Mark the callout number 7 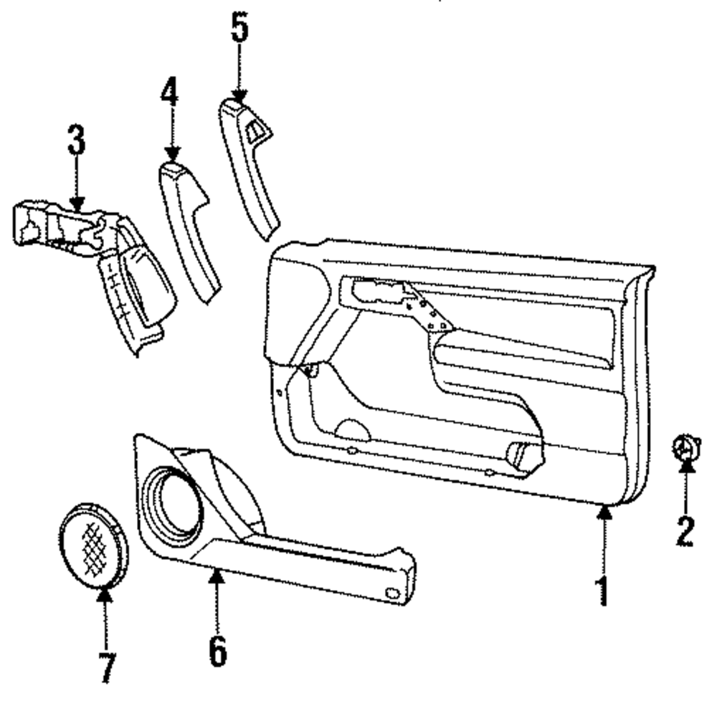(105, 666)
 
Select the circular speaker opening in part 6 (171, 502)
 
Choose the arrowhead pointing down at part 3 (77, 204)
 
